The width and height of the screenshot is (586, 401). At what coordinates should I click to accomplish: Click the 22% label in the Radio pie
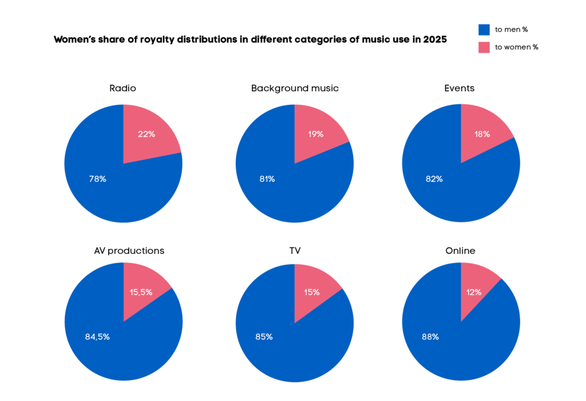coord(146,134)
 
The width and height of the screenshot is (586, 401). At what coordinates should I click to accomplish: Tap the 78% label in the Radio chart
coord(97,179)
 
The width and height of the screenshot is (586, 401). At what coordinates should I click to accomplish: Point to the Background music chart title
coord(295,88)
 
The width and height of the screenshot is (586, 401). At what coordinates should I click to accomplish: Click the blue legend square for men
coord(484,29)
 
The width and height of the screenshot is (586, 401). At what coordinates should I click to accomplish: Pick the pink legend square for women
coord(484,47)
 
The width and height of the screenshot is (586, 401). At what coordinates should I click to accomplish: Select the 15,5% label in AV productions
coord(141,292)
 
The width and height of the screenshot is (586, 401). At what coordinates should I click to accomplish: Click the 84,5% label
coord(97,337)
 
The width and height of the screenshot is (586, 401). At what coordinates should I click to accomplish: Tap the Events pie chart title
coord(459,88)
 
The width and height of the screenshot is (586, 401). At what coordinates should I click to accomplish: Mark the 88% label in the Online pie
coord(430,337)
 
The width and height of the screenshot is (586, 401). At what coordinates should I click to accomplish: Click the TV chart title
coord(295,251)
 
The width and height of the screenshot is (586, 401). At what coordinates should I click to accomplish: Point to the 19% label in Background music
coord(315,134)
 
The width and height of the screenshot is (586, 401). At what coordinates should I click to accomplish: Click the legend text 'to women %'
coord(517,47)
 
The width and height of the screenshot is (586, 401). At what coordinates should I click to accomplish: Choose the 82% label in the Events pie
coord(434,179)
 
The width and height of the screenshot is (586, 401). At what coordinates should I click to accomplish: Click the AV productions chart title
coord(129,251)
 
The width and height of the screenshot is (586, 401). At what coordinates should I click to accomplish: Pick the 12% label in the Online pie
coord(474,292)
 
